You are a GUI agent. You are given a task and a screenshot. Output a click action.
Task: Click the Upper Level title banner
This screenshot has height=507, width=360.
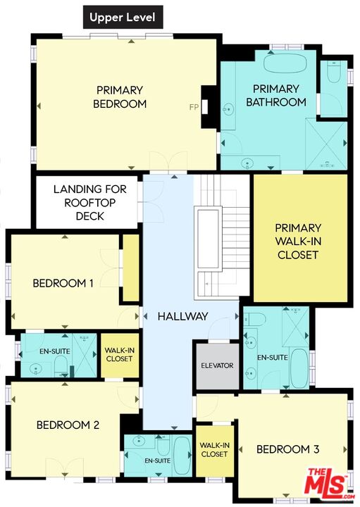(123, 17)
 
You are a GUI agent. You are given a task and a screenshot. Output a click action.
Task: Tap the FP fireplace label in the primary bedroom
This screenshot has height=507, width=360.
(194, 107)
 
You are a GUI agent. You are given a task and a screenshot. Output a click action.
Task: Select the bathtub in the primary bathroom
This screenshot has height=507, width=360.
(285, 63)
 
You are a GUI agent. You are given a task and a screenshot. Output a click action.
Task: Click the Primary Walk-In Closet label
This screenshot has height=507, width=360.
(298, 242)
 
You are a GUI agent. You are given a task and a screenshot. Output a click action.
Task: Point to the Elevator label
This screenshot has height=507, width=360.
(217, 365)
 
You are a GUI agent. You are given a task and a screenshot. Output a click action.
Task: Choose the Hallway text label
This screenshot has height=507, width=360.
(182, 316)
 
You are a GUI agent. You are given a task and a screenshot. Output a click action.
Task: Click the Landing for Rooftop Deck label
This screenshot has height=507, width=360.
(89, 202)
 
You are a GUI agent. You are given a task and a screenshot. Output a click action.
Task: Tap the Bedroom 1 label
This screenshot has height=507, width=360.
(63, 283)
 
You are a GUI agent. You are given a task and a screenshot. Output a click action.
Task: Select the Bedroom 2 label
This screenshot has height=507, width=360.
(68, 425)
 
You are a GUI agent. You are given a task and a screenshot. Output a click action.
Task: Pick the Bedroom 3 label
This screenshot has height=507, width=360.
(288, 449)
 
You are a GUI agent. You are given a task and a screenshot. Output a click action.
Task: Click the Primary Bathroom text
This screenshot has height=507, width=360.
(276, 95)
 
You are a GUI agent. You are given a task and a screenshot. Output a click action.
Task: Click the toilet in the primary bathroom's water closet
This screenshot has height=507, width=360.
(333, 73)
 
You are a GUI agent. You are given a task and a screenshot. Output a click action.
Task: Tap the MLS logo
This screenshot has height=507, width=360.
(326, 484)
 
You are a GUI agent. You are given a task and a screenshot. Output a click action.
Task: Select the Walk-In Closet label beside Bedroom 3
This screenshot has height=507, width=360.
(214, 449)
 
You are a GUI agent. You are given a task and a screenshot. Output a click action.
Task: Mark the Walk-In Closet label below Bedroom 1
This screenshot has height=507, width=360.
(119, 354)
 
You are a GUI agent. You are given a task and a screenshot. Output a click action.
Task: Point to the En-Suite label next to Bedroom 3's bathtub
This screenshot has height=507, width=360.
(273, 357)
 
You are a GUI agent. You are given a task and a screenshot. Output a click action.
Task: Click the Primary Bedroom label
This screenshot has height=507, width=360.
(120, 96)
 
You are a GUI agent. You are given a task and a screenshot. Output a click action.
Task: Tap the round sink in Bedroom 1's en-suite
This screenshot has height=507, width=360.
(35, 369)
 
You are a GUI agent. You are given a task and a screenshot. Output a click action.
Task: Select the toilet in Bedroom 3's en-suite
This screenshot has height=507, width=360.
(252, 319)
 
